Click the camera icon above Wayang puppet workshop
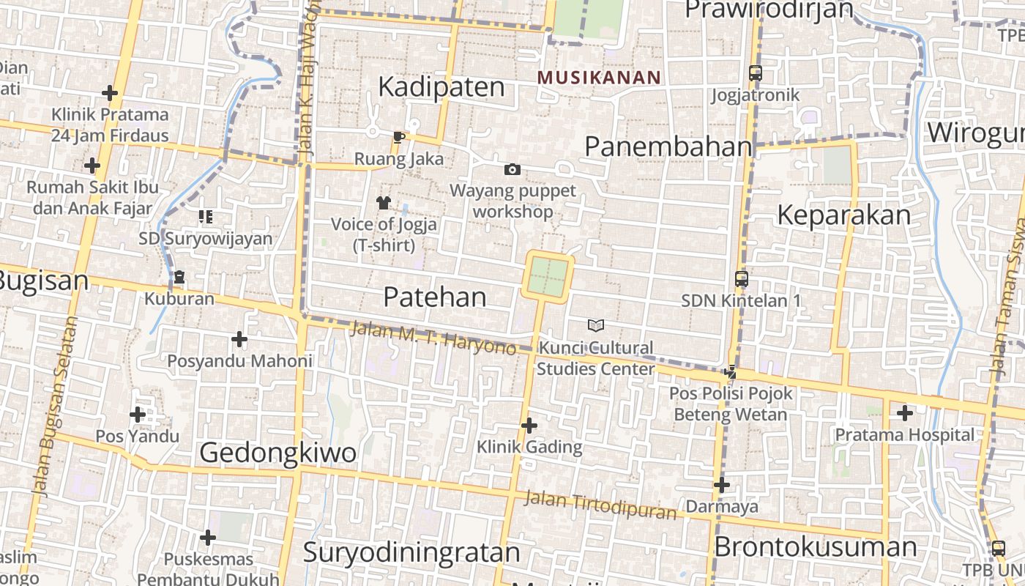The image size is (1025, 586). point(512,170)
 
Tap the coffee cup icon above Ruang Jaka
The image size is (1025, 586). point(399,137)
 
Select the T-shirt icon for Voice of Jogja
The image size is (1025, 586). point(384,202)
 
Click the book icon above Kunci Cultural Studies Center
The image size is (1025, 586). point(596,325)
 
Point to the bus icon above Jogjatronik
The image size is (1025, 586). point(755,73)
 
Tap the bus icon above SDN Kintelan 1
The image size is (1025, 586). point(742,279)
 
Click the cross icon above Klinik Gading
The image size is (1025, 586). point(529,426)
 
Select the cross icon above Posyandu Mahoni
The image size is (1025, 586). point(239,339)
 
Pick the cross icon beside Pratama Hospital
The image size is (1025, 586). point(905,413)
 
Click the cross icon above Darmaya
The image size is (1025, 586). point(722,485)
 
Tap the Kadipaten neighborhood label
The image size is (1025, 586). point(441,87)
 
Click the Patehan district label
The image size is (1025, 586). point(435,297)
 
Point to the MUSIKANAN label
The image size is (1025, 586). point(599,77)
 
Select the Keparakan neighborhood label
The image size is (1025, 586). point(843,215)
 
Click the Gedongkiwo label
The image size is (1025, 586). point(278,453)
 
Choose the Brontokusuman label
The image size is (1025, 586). point(815,547)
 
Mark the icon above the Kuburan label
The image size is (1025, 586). point(179,278)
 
